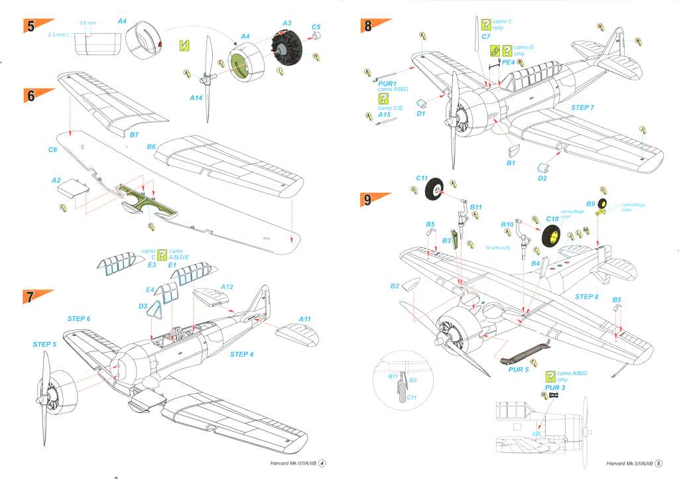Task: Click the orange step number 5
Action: coord(31,27)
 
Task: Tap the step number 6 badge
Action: coord(31,95)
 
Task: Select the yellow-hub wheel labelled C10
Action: coord(554,236)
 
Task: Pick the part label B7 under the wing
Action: coord(133,135)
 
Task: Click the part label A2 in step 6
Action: coord(56,180)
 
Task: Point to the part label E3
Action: coord(151,265)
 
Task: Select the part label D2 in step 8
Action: coord(542,178)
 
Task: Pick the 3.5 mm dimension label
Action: coord(85,23)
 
